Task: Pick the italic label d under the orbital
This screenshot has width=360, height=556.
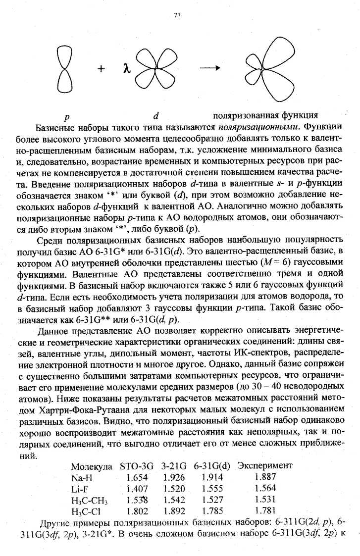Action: (155, 117)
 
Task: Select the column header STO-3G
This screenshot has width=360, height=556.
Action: (138, 466)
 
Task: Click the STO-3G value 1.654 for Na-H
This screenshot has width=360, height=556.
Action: (137, 478)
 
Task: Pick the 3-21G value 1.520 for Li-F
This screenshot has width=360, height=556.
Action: (173, 489)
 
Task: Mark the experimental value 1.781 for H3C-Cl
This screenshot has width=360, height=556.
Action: (265, 511)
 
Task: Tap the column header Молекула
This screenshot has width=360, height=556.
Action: (93, 466)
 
